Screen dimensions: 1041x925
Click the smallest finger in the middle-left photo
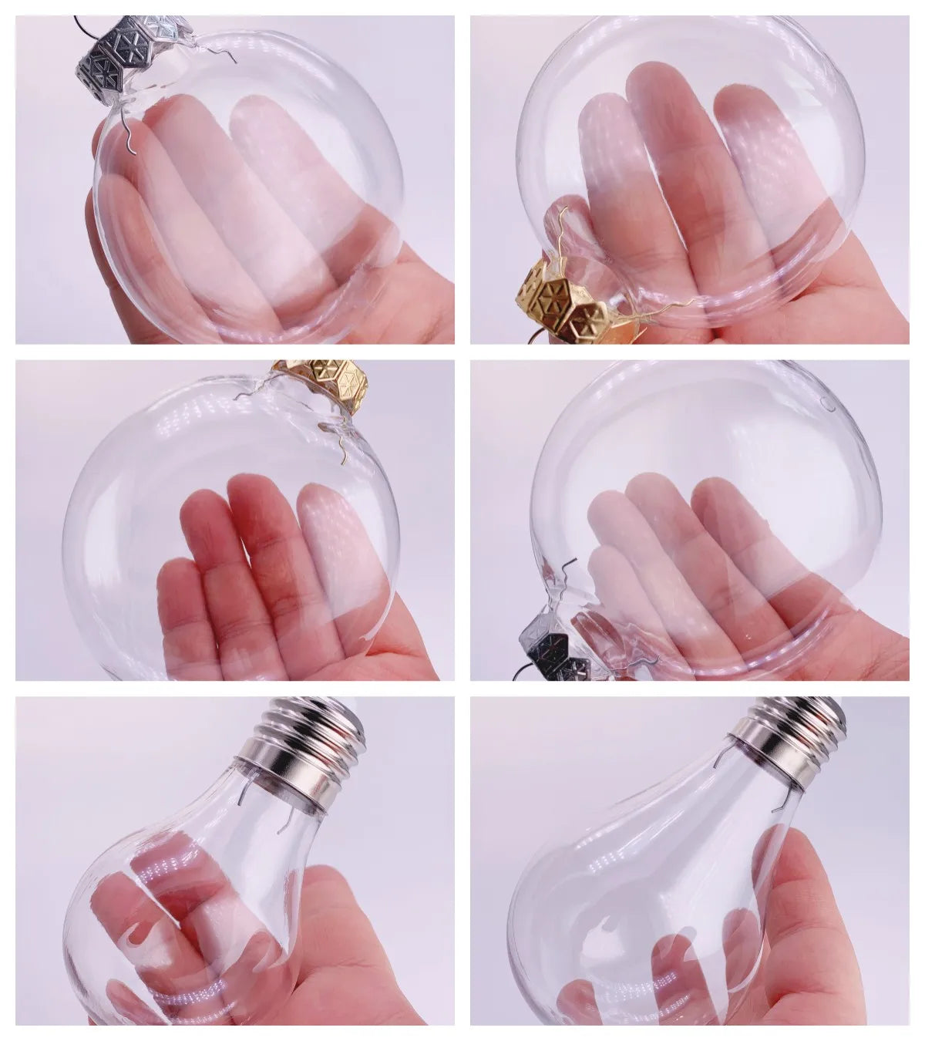click(x=177, y=609)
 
